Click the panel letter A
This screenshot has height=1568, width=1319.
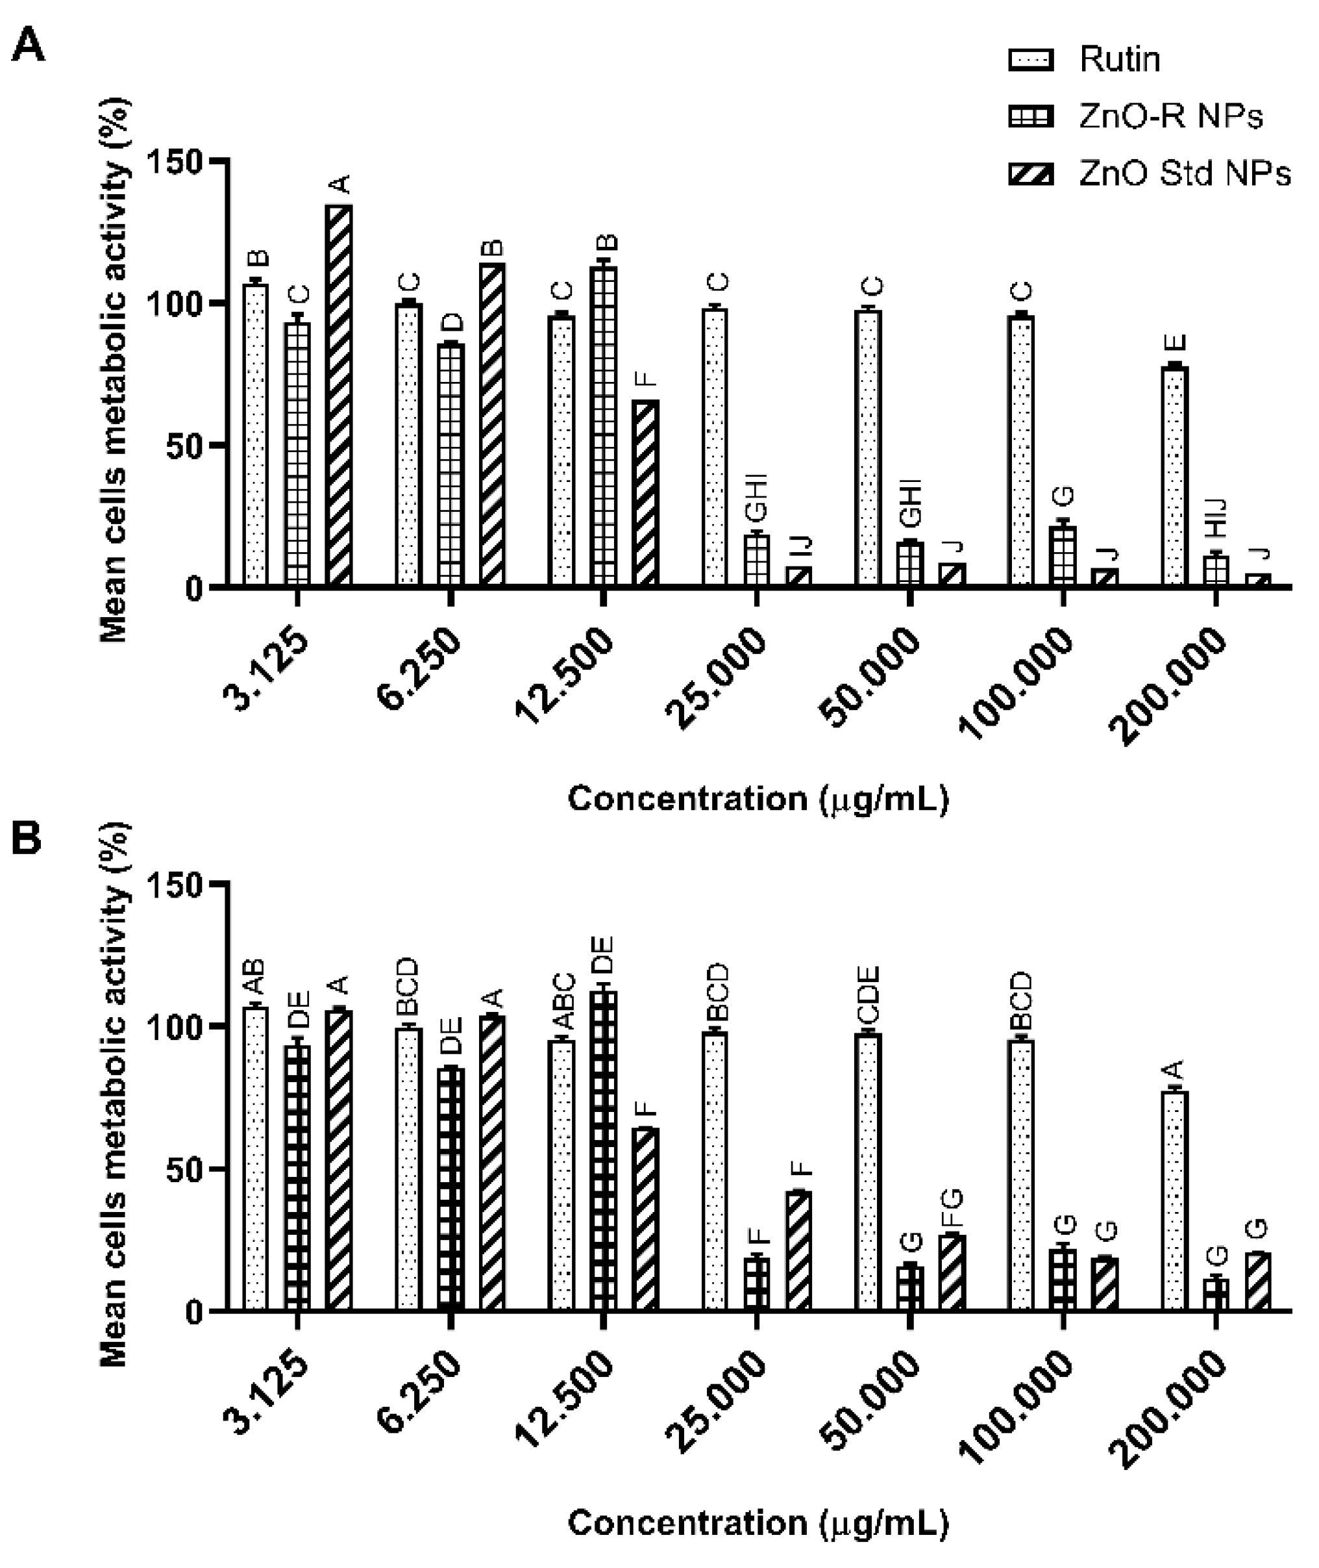[x=29, y=46]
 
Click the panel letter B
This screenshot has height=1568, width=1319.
[x=26, y=839]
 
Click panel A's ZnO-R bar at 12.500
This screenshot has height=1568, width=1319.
[x=604, y=425]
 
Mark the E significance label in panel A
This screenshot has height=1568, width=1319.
[x=1176, y=344]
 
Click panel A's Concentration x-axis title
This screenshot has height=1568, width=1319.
[x=758, y=799]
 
